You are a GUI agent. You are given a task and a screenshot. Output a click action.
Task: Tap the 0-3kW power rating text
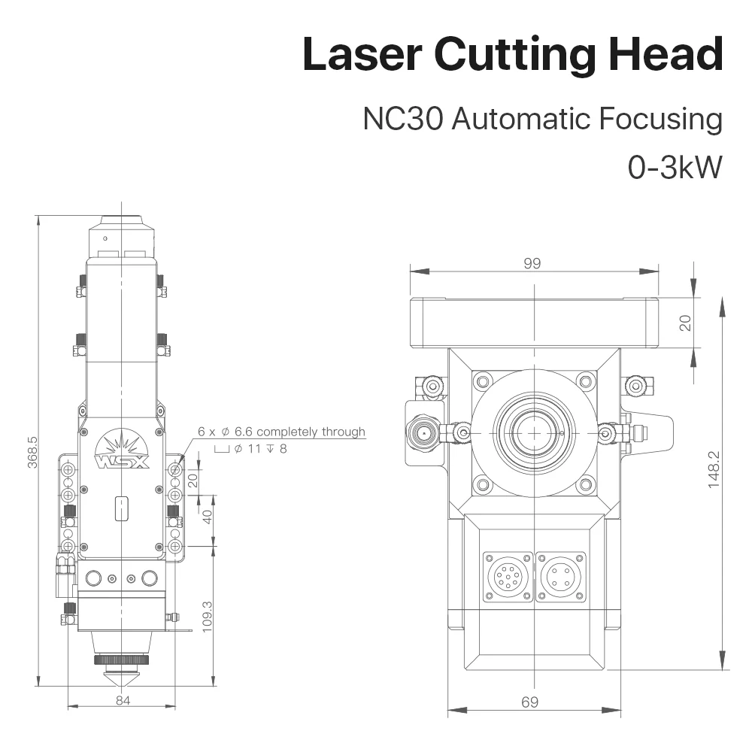tap(675, 167)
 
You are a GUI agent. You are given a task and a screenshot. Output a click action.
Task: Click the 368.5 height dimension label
tap(32, 451)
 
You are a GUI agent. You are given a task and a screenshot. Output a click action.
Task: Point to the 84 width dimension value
tap(123, 701)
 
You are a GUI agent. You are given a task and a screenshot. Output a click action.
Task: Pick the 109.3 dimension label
tap(208, 615)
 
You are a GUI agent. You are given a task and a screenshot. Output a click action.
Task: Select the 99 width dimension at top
tap(532, 263)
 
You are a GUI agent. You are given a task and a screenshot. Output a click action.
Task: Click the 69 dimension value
tap(529, 702)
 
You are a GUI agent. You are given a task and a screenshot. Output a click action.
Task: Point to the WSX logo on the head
tap(122, 456)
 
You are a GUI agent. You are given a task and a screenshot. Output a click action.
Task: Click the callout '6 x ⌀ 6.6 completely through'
tap(281, 432)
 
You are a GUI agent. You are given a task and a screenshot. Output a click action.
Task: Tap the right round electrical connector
tap(559, 578)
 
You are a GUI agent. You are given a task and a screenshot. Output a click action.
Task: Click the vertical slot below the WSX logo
tap(120, 508)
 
